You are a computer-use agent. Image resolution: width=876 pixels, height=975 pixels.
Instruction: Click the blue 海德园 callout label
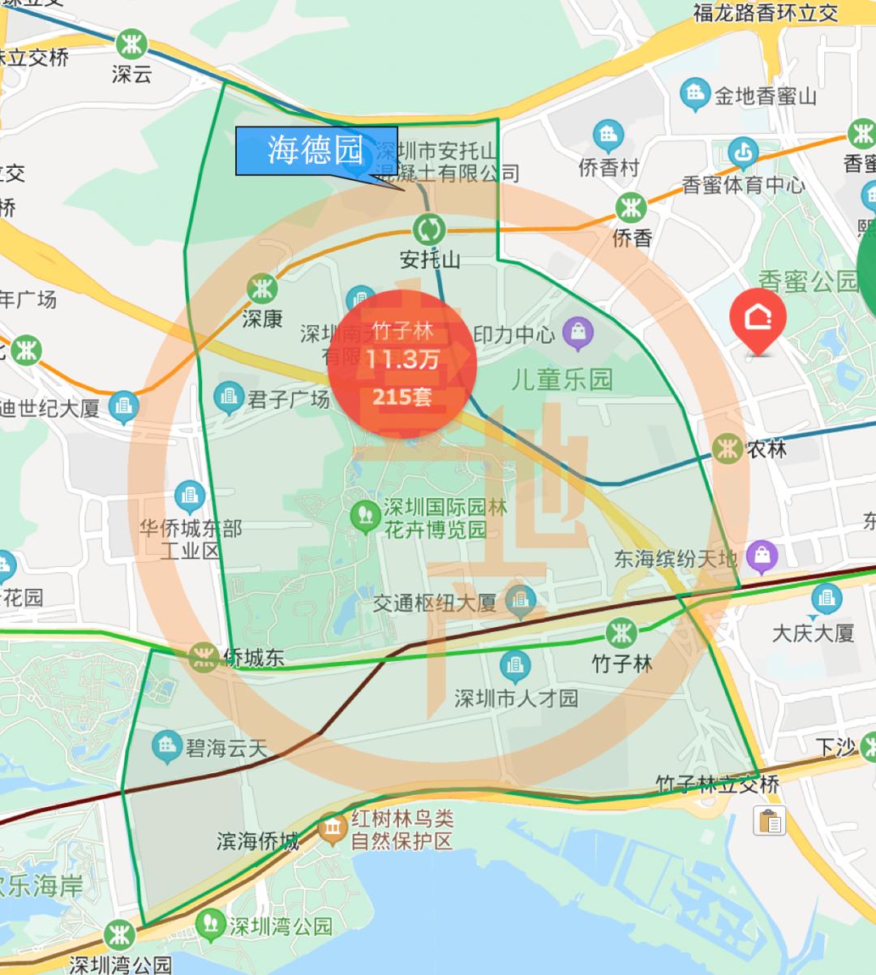[x=316, y=151]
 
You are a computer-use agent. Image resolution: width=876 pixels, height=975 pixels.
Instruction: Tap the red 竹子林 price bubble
[x=402, y=363]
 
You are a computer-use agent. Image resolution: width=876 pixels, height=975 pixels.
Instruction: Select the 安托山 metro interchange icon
[x=428, y=230]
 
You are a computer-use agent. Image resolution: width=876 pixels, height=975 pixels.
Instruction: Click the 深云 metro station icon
[x=131, y=44]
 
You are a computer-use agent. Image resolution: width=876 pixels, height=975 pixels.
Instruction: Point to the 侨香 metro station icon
[x=630, y=208]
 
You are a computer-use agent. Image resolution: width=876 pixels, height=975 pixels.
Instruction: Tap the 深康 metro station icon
[x=262, y=288]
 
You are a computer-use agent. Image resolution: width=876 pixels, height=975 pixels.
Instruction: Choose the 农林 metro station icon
[x=727, y=447]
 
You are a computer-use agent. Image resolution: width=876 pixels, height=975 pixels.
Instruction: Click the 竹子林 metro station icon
[x=621, y=633]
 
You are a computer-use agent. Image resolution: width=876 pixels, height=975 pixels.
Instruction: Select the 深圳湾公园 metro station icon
[x=119, y=935]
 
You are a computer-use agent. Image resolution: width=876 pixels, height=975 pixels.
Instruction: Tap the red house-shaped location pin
[x=758, y=320]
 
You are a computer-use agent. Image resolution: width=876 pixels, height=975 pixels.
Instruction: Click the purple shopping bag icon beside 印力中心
[x=578, y=333]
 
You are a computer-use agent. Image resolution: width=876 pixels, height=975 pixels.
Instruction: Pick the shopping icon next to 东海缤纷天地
[x=762, y=556]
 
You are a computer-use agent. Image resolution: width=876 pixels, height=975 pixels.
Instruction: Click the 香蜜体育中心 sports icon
[x=742, y=152]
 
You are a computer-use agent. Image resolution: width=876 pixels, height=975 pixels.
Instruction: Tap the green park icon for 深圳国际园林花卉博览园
[x=365, y=516]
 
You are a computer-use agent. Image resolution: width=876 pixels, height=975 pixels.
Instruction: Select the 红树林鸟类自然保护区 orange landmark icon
[x=333, y=828]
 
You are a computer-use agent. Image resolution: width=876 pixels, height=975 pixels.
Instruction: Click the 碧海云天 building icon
[x=166, y=746]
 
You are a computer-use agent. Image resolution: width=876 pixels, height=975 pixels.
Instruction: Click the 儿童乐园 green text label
[x=561, y=380]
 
